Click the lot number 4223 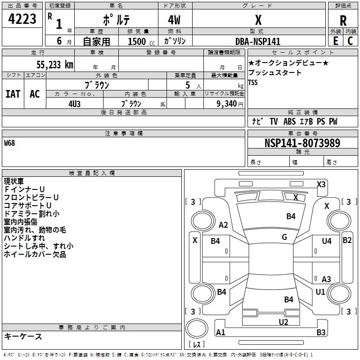point(23,19)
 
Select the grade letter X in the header point(258,20)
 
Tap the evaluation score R point(343,21)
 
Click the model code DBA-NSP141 point(258,41)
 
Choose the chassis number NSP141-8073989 point(302,143)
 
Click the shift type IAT point(13,94)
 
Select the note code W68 point(9,144)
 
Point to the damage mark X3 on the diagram point(321,184)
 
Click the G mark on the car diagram point(284,237)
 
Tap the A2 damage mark point(223,225)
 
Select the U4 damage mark point(326,241)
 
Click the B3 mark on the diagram point(321,333)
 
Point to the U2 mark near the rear point(283,322)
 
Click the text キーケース point(23,336)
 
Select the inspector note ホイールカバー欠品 point(35,254)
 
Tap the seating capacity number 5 point(187,85)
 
